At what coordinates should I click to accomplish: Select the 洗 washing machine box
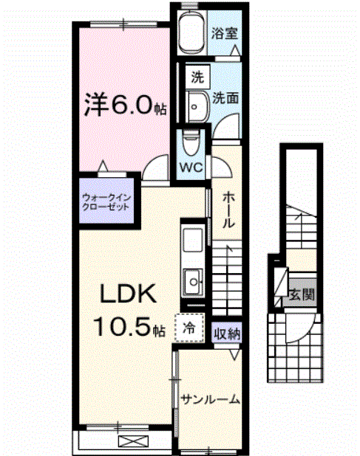tap(196, 75)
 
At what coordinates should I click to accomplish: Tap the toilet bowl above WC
tap(191, 141)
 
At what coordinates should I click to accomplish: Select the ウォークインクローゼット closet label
tap(105, 201)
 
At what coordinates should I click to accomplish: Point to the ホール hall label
tap(229, 211)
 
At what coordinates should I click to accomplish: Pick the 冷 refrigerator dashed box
tap(186, 326)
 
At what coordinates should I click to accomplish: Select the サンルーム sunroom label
tap(210, 399)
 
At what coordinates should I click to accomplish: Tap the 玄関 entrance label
tap(301, 294)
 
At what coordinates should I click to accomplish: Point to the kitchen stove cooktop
tap(193, 280)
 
